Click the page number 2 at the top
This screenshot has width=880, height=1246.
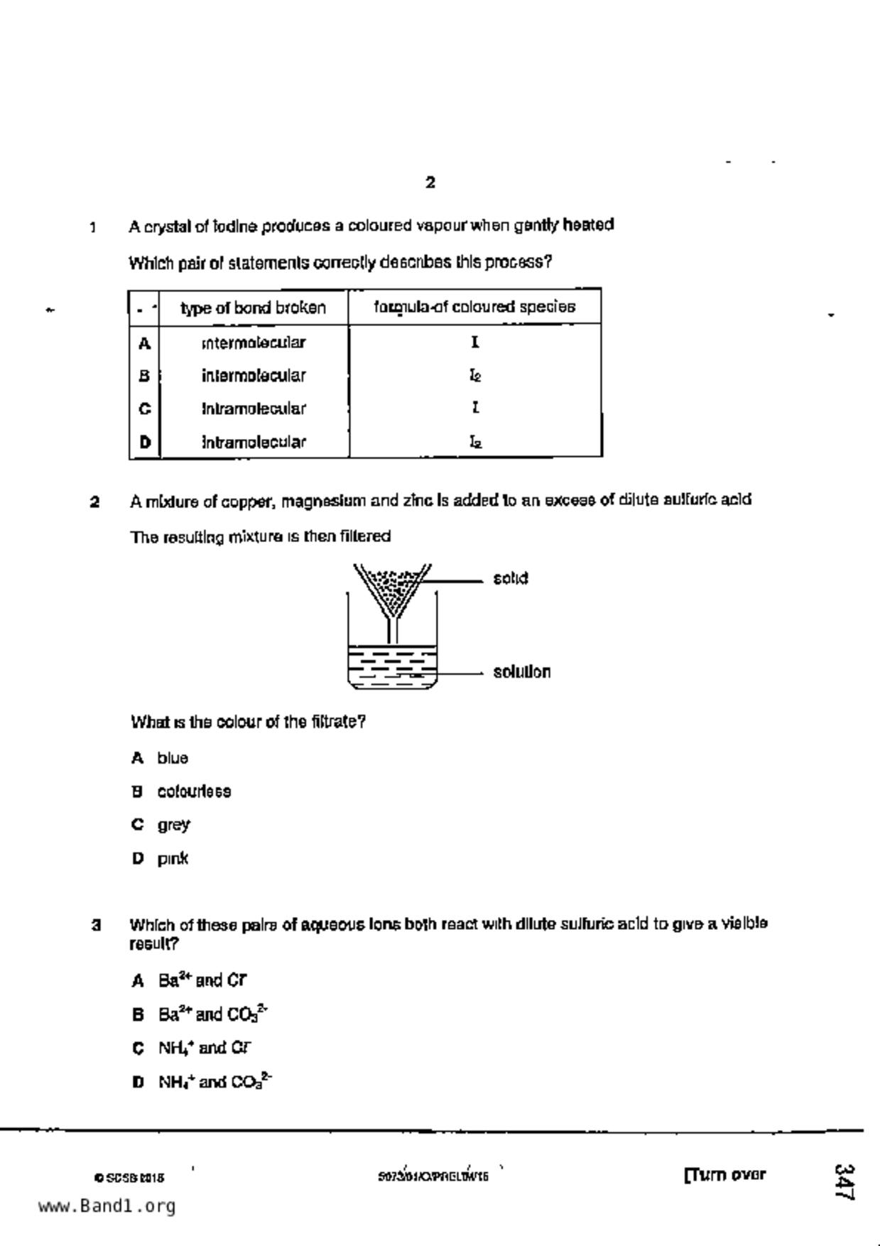click(430, 183)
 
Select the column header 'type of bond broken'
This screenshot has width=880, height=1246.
click(253, 308)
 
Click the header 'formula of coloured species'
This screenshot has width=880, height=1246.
click(474, 307)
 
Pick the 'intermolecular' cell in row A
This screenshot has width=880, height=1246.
click(254, 343)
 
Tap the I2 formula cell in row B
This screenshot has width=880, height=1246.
click(475, 375)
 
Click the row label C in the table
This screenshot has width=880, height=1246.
click(145, 408)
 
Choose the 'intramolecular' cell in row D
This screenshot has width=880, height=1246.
click(254, 442)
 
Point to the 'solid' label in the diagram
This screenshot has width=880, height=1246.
click(511, 578)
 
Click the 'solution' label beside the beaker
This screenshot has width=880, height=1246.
click(522, 671)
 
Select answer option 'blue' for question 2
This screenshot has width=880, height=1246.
click(173, 758)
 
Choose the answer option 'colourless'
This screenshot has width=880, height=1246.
click(194, 791)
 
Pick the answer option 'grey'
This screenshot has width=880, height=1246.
click(173, 825)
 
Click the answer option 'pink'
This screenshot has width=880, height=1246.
click(173, 858)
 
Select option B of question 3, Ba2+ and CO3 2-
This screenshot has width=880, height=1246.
click(212, 1014)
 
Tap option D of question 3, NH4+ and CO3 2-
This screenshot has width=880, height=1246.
click(214, 1082)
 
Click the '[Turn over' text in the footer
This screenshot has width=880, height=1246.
click(724, 1174)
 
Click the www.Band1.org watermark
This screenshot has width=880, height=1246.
click(107, 1206)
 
